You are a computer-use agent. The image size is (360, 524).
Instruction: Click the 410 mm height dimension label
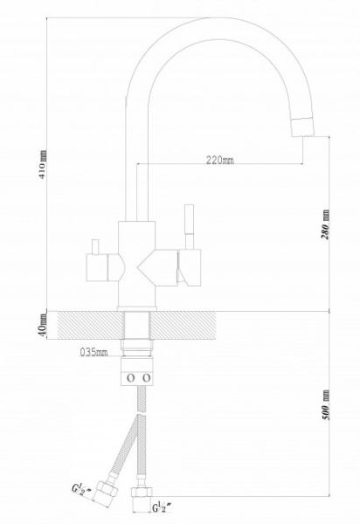point(43,164)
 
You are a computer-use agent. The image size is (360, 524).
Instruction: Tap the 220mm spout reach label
point(219,160)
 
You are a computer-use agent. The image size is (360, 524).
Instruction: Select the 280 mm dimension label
point(325,224)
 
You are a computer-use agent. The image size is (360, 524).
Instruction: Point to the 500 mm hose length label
point(326,404)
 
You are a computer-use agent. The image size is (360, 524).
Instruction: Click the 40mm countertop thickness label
point(43,326)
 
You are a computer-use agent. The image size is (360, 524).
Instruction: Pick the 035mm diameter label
point(93,352)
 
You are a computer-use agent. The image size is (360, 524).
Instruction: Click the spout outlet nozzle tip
point(303,127)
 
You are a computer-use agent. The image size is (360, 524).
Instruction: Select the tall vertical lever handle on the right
point(190,227)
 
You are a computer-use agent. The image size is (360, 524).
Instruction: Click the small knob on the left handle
point(96,246)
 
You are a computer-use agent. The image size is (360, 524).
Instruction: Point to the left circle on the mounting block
point(131,378)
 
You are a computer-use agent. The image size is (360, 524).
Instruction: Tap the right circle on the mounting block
point(147,378)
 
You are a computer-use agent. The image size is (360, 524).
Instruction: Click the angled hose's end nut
point(106,494)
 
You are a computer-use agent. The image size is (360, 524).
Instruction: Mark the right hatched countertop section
point(183,326)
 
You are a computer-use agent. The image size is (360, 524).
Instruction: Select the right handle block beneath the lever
point(190,268)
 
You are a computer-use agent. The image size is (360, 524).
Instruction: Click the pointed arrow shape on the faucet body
point(156,268)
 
